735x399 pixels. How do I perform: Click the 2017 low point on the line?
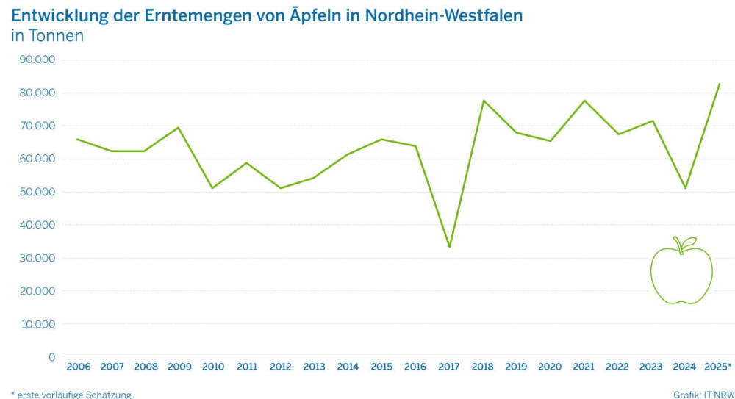(449, 247)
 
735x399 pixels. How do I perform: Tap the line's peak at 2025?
(719, 84)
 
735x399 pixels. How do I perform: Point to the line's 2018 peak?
(483, 101)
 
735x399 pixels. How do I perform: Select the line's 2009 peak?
(179, 128)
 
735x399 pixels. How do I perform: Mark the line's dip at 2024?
(685, 188)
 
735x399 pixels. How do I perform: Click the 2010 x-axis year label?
(212, 367)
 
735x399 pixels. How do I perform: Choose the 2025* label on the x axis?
(717, 367)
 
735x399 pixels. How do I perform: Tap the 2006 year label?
(78, 367)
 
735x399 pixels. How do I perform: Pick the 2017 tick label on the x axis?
(449, 367)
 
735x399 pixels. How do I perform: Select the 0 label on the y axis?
(51, 357)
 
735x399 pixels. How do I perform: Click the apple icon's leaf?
(689, 242)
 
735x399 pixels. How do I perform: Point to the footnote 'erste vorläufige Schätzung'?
(73, 395)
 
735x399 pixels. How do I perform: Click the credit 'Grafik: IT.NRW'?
(703, 395)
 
